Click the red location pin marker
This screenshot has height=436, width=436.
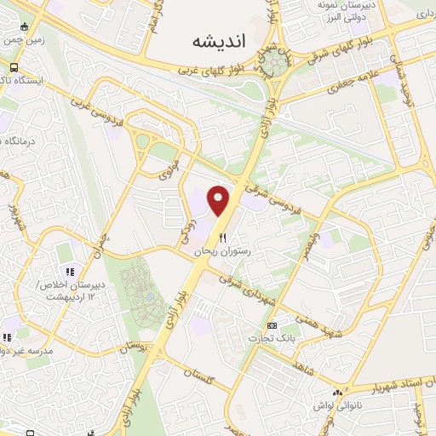[x=220, y=200]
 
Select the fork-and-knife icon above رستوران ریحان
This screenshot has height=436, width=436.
[x=222, y=238]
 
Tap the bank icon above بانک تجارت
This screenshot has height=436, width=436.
[x=272, y=326]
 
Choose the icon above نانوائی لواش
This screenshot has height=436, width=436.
[x=339, y=393]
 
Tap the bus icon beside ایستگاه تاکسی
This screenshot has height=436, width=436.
[x=13, y=67]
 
